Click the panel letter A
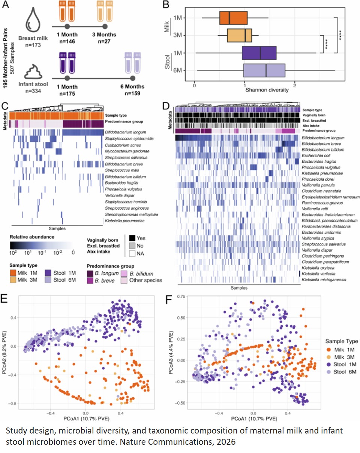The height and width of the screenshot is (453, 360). click(x=7, y=6)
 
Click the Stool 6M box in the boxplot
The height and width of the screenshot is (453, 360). click(x=264, y=70)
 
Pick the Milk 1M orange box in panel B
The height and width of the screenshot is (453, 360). click(x=233, y=18)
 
